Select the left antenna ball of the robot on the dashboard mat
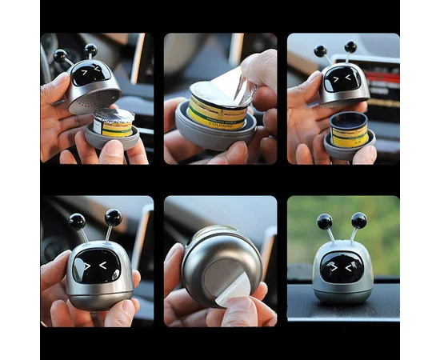tap(325, 221)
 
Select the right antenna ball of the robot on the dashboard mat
tap(359, 220)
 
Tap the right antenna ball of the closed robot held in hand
tap(114, 217)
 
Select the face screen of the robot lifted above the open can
tap(342, 78)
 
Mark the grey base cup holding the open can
tap(349, 147)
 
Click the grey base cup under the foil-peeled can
tap(212, 136)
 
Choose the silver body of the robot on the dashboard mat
tap(342, 288)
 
